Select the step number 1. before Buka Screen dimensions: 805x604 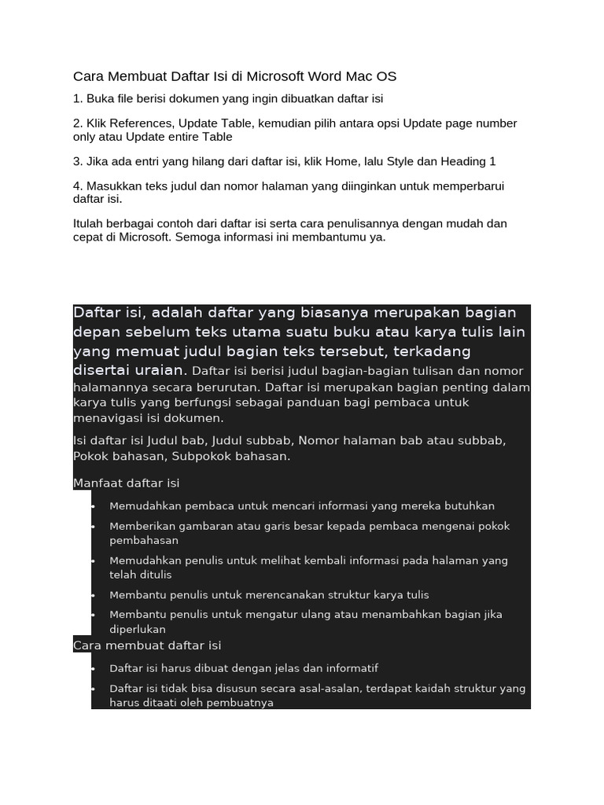78,99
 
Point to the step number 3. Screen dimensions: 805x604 78,161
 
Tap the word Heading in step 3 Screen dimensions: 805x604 462,161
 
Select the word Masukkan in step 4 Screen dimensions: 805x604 113,186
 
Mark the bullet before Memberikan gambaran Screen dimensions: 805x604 93,526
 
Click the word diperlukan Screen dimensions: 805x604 138,630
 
